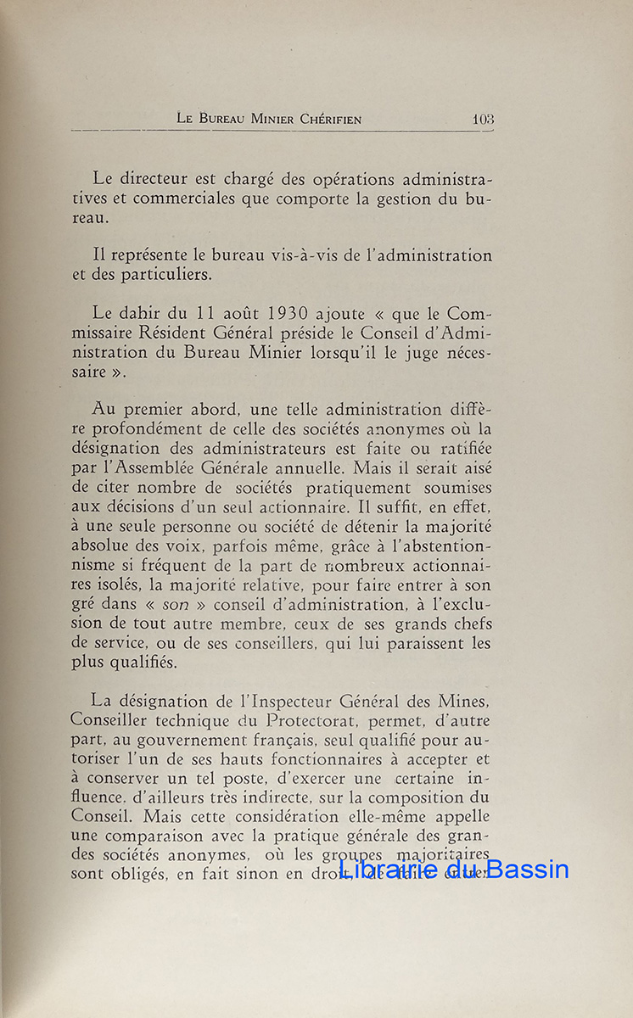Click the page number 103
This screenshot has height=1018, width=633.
[x=483, y=120]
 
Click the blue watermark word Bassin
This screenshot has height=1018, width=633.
[x=527, y=869]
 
